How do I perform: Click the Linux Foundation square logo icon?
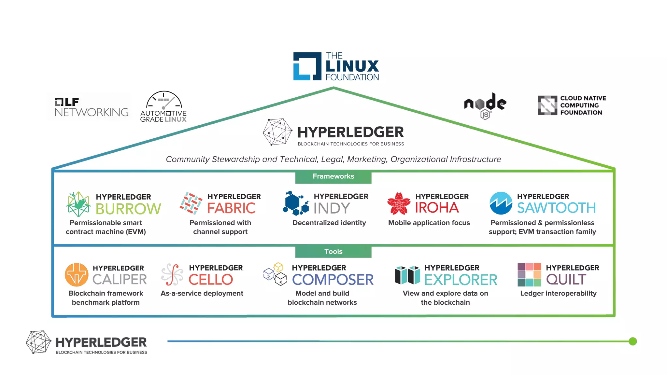pos(307,66)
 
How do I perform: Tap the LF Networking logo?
pos(91,107)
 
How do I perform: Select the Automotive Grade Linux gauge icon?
pos(164,100)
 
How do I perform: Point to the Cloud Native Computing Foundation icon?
pos(547,105)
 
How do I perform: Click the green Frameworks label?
pos(333,176)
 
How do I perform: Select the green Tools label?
pos(333,252)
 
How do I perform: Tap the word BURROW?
pos(128,209)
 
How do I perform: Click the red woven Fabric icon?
pos(191,203)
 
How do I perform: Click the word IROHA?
pos(437,208)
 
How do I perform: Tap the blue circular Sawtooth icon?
pos(501,203)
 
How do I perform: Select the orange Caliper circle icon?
pos(77,274)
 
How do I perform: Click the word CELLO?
pos(211,280)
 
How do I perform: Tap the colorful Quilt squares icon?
pos(529,275)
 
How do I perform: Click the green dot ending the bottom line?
pos(632,341)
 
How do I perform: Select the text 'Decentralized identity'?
pos(329,223)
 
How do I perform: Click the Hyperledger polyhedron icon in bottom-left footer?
pos(38,342)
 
